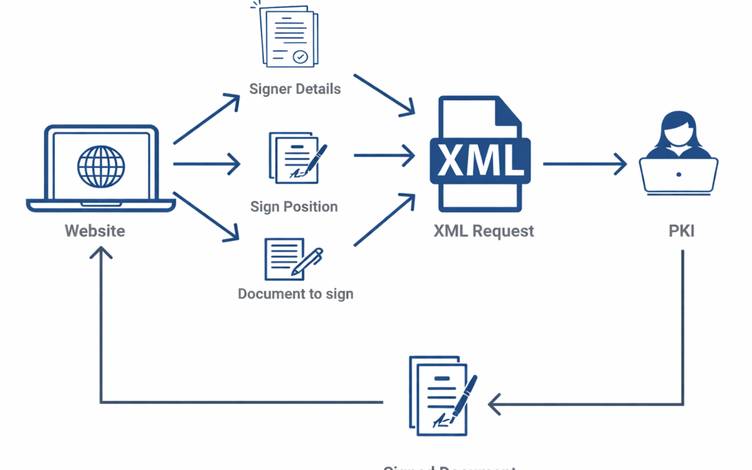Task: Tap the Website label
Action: pyautogui.click(x=95, y=230)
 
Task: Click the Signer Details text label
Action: pyautogui.click(x=295, y=89)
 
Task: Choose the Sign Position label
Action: pyautogui.click(x=294, y=207)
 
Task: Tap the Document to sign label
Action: pyautogui.click(x=295, y=294)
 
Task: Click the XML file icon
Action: pyautogui.click(x=480, y=155)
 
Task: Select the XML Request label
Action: pyautogui.click(x=484, y=231)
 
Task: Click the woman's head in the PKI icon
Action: pyautogui.click(x=678, y=130)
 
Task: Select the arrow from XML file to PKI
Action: pyautogui.click(x=585, y=164)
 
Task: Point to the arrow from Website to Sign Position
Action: pyautogui.click(x=207, y=165)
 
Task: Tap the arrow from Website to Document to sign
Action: pyautogui.click(x=207, y=217)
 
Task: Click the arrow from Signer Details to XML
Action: pyautogui.click(x=384, y=93)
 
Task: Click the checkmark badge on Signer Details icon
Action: pyautogui.click(x=300, y=57)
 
